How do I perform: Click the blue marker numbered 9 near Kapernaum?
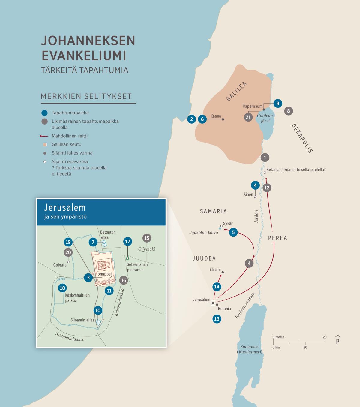click(x=278, y=104)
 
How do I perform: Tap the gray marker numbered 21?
click(x=248, y=117)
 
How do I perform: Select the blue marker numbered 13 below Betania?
click(x=217, y=319)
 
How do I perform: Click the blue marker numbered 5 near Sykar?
click(x=233, y=232)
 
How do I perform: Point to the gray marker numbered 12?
click(x=267, y=188)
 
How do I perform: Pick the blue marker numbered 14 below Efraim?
click(x=217, y=287)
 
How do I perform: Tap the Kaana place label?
click(x=216, y=116)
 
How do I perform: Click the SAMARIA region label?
click(x=213, y=211)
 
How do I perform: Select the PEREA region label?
click(x=277, y=238)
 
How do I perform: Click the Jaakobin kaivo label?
click(x=204, y=232)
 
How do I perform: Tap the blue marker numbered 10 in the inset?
click(x=98, y=310)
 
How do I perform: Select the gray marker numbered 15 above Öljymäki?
click(x=147, y=238)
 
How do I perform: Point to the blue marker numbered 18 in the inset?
click(x=62, y=288)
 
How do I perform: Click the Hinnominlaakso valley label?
click(x=70, y=337)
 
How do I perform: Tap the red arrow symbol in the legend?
click(x=44, y=136)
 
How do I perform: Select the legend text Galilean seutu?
click(x=66, y=144)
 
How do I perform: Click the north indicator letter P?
click(x=337, y=341)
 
